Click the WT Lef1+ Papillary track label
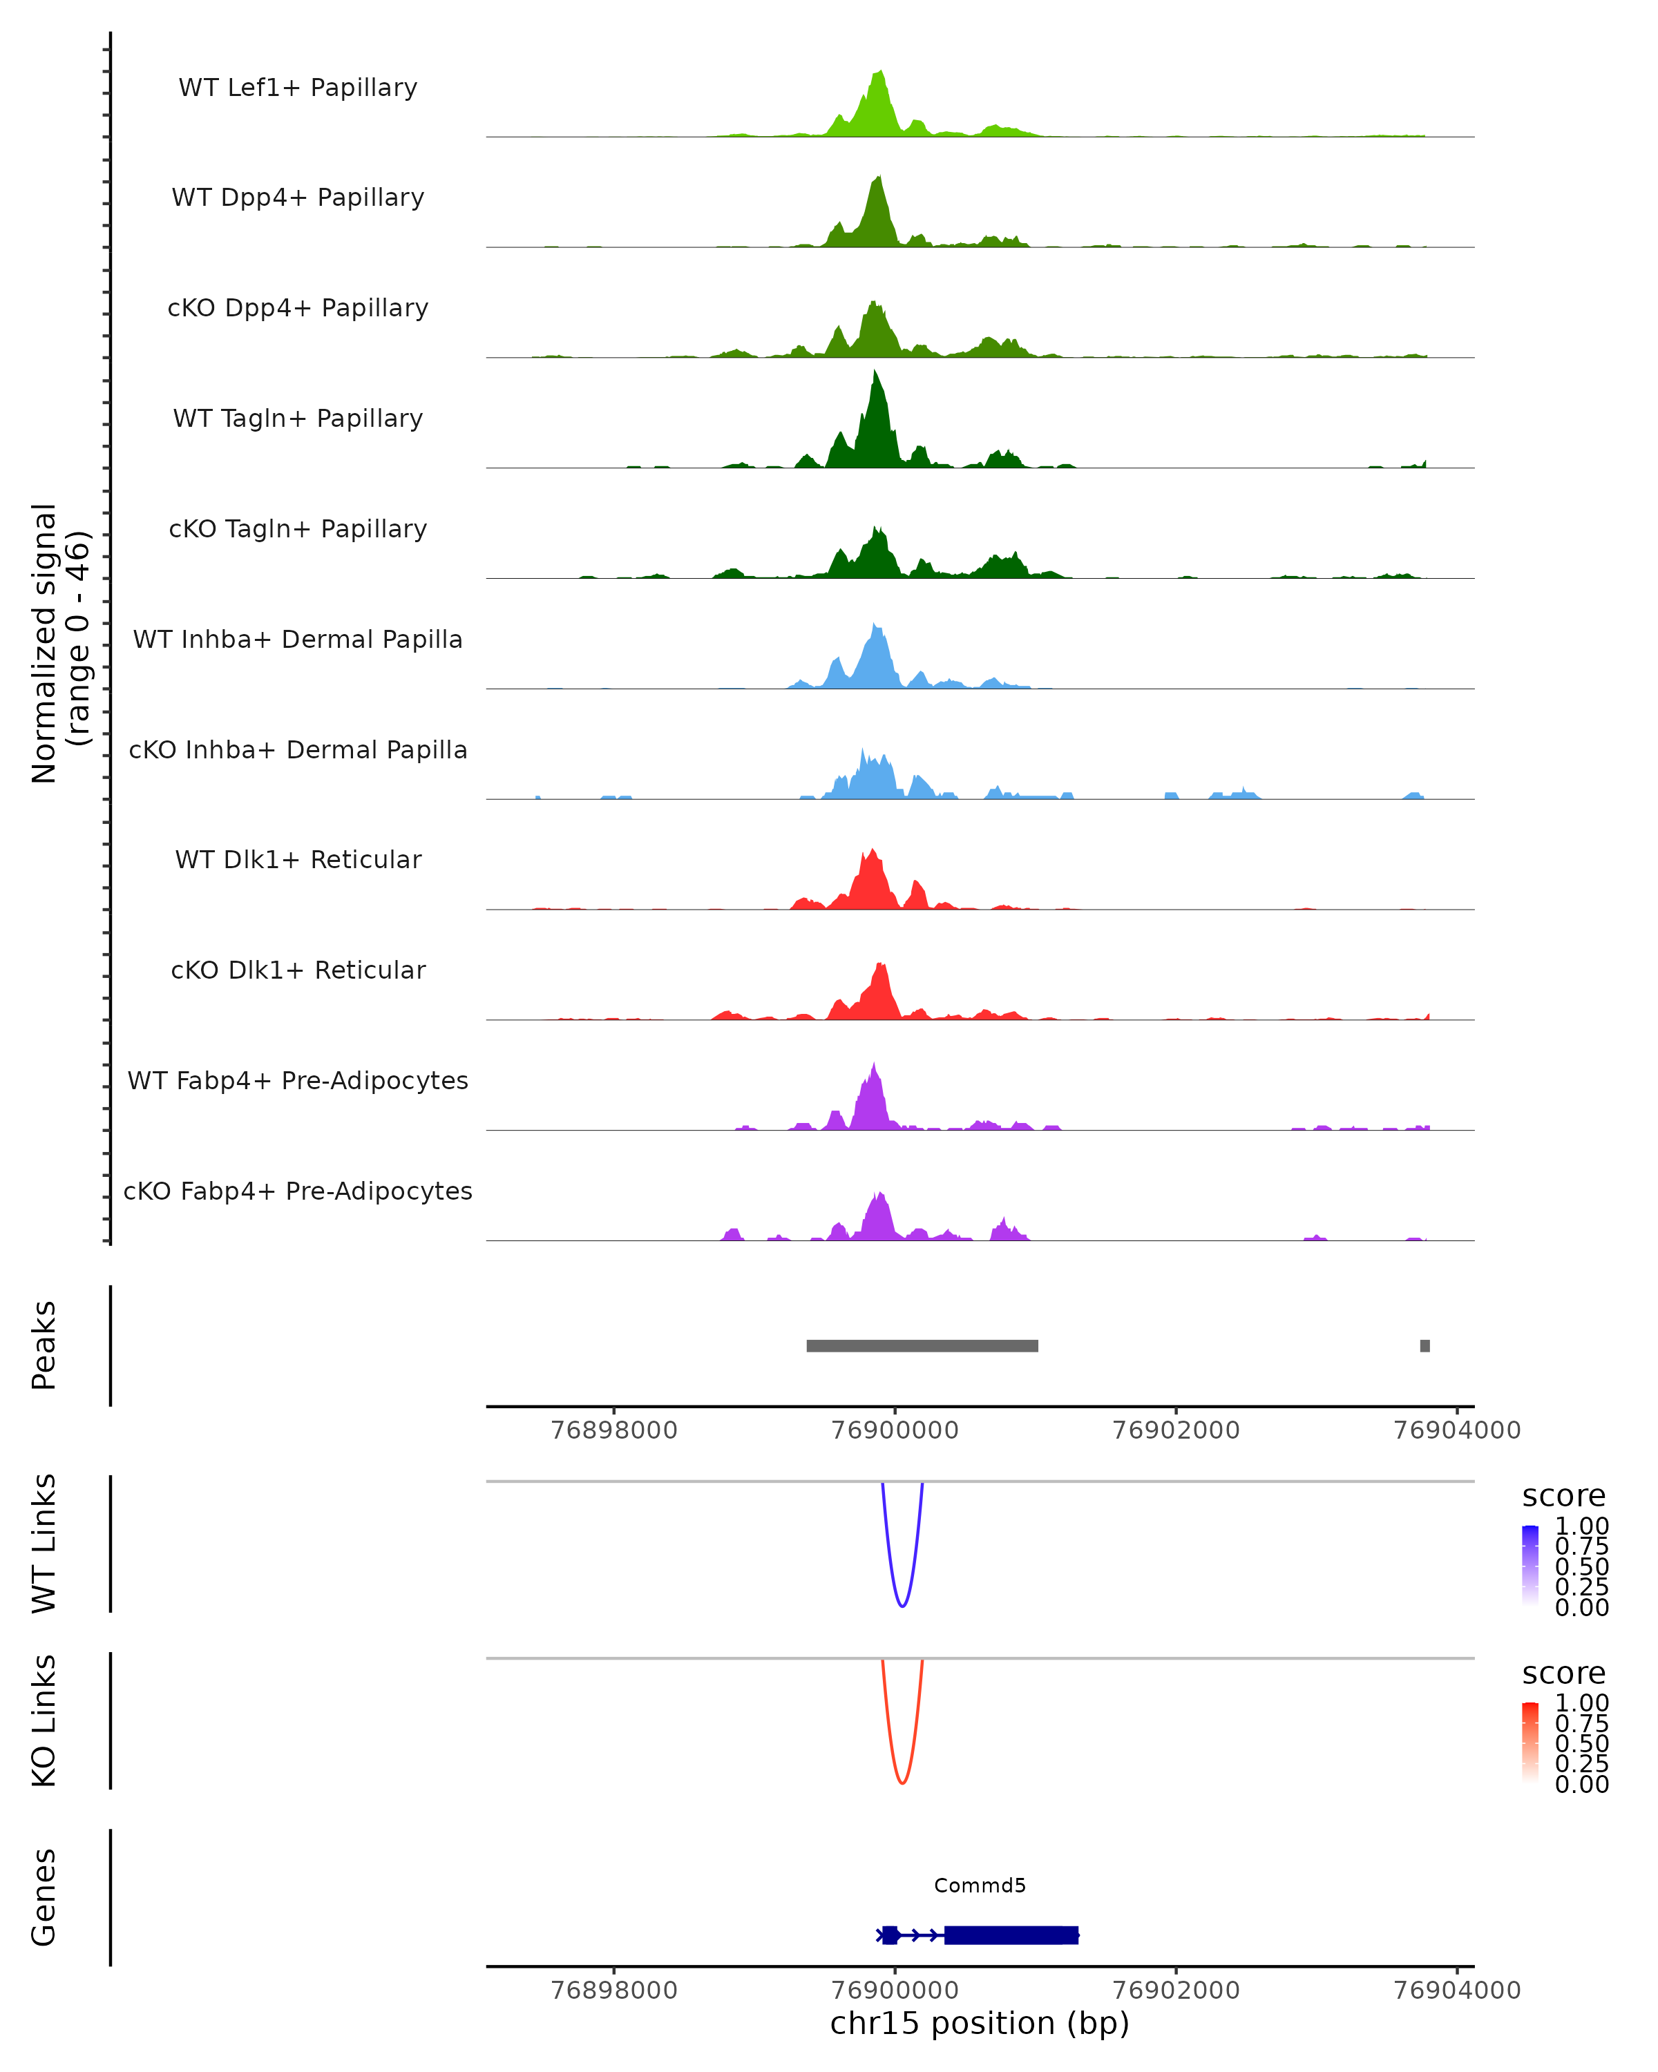(x=298, y=88)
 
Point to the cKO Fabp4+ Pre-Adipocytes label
(x=298, y=1191)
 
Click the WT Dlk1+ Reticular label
(x=298, y=859)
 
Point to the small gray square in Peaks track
(x=1424, y=1345)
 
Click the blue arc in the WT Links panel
(x=902, y=1605)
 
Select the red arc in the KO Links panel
(x=902, y=1783)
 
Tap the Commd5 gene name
(x=980, y=1886)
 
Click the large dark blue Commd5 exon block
(x=1011, y=1935)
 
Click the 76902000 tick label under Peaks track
(x=1176, y=1430)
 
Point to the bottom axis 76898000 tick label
(x=614, y=1991)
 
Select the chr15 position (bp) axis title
(x=980, y=2024)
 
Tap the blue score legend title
(x=1564, y=1497)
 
